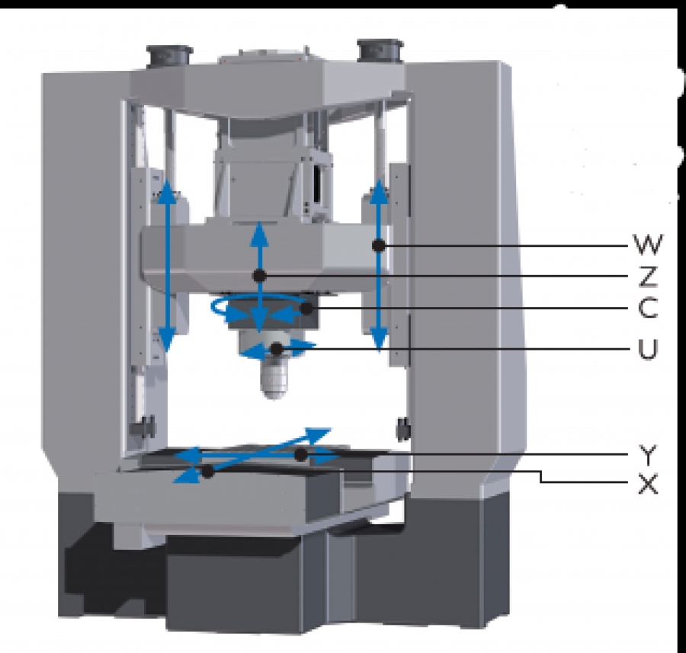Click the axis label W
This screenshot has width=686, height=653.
coord(648,245)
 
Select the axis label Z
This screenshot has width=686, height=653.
coord(648,277)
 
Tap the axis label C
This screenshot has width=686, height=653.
coord(648,308)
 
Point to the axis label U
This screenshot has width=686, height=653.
coord(648,349)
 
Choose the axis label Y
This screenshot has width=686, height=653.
coord(648,455)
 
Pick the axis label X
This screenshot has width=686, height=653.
coord(648,484)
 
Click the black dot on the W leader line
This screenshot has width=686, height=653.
coord(379,245)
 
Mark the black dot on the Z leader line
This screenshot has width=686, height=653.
coord(259,276)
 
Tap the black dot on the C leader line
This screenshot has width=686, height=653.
coord(307,309)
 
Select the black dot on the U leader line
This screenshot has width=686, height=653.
coord(277,348)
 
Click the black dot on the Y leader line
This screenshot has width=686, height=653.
coord(300,455)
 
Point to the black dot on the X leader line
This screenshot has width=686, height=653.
coord(207,472)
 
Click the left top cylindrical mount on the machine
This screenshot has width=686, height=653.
coord(169,55)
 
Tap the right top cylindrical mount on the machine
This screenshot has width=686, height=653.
coord(380,50)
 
